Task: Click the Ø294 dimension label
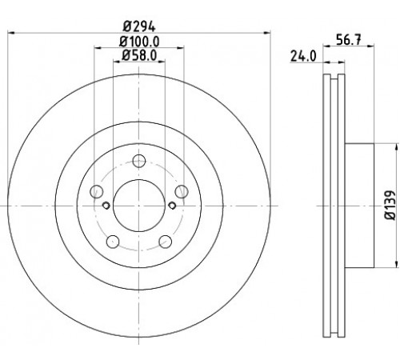coord(139,26)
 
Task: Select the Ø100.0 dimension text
coord(139,42)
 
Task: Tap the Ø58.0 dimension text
coord(139,55)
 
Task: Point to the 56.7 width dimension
coord(348,40)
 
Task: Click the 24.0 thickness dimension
coord(303,56)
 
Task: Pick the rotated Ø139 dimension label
coord(390,205)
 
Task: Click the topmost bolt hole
coord(139,161)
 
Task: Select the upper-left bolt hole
coord(97,191)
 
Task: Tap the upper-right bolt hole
coord(182,191)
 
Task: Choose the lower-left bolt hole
coord(113,242)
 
